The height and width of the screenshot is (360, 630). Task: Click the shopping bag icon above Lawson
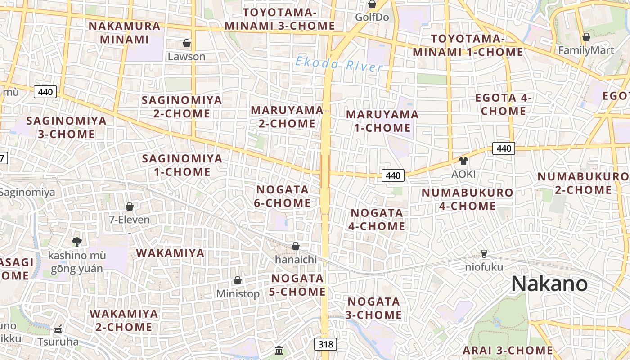(x=187, y=43)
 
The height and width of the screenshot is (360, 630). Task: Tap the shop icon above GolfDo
(x=372, y=4)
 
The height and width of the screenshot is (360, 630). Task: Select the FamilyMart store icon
(x=586, y=37)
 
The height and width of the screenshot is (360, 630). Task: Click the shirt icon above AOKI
(x=463, y=161)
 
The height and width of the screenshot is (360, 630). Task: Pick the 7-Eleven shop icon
(x=130, y=207)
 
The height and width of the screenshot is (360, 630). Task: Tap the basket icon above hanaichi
(x=296, y=246)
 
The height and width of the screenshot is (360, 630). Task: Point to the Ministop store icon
(x=238, y=280)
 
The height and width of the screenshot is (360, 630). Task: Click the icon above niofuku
(x=484, y=254)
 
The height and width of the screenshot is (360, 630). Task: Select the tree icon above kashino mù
(x=77, y=242)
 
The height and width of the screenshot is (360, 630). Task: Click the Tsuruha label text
(x=58, y=342)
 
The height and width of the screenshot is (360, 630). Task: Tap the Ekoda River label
(x=339, y=64)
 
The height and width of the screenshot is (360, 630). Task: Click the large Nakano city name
(x=549, y=284)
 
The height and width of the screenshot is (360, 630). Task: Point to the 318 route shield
(x=325, y=345)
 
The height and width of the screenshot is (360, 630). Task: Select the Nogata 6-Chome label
(x=282, y=196)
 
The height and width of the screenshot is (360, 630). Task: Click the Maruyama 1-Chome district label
(x=382, y=121)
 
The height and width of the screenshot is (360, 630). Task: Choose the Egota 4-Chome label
(x=504, y=104)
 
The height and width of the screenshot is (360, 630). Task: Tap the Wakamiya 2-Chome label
(x=124, y=320)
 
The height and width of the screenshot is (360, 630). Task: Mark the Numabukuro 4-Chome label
(x=461, y=199)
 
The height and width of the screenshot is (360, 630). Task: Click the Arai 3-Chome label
(x=508, y=350)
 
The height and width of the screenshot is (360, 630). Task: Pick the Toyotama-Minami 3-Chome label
(x=280, y=19)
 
